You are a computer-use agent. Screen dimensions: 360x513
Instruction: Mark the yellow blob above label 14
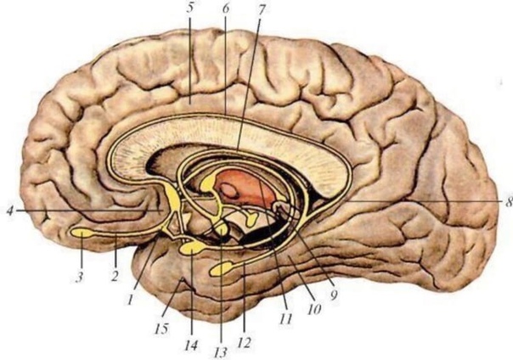(x=192, y=248)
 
